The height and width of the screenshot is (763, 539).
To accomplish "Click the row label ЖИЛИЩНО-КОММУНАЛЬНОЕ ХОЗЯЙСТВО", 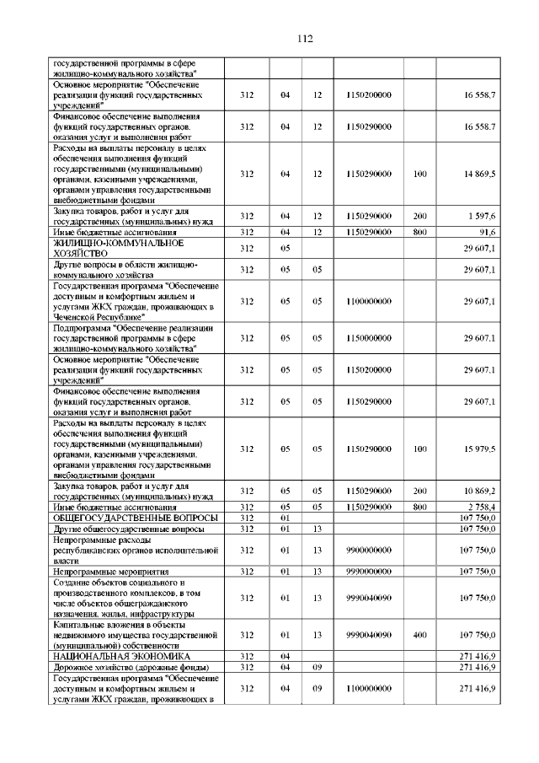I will point(118,248).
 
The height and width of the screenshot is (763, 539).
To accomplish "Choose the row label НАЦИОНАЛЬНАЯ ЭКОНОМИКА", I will point(121,656).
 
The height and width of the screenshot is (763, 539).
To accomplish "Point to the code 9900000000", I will point(369,551).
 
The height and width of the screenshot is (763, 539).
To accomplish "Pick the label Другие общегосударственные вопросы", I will point(125,529).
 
